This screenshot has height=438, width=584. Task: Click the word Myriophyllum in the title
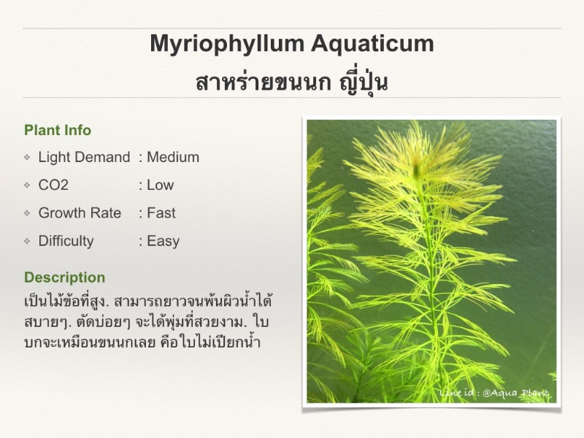click(x=227, y=45)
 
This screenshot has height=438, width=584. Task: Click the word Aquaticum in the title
click(x=372, y=45)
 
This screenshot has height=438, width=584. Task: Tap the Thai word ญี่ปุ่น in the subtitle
click(x=364, y=81)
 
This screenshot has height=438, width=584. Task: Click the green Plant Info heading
click(x=58, y=131)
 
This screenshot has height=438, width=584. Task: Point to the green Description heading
click(x=65, y=277)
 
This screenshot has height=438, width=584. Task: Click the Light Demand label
click(x=84, y=157)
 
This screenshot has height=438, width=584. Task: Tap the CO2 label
click(x=53, y=185)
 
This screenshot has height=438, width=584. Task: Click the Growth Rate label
click(x=80, y=213)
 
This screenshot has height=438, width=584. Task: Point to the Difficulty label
click(x=66, y=241)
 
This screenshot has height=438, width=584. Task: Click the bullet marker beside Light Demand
click(x=27, y=158)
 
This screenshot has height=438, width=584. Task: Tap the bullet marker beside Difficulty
click(x=27, y=242)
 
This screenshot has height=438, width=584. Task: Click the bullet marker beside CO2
click(x=27, y=185)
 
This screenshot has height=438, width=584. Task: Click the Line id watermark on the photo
click(x=494, y=393)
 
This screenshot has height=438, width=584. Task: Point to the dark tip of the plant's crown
click(x=416, y=169)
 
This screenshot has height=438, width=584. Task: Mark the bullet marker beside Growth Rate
click(x=27, y=213)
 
